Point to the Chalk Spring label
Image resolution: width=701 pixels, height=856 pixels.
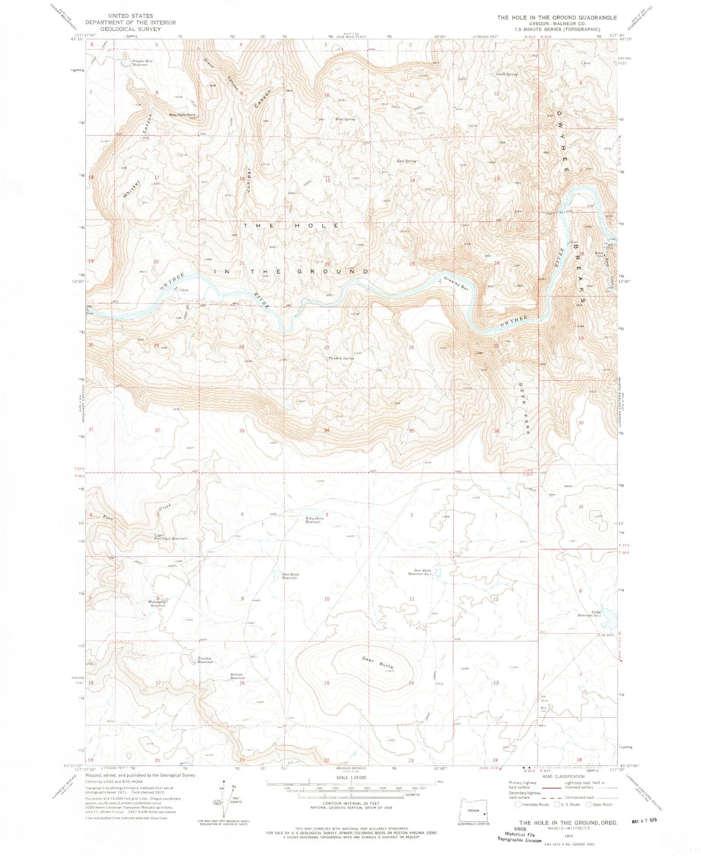click(x=507, y=74)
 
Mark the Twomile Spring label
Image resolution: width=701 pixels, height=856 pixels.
click(x=340, y=358)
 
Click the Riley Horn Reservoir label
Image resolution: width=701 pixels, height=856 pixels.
click(x=314, y=521)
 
